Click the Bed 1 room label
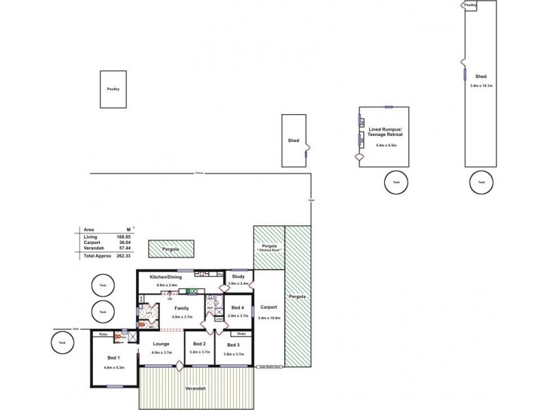coord(114,358)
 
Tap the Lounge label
coord(161,344)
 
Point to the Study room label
coord(238,275)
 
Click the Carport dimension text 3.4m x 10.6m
coord(269,318)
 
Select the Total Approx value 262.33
coord(124,256)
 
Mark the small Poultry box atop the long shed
coord(470,5)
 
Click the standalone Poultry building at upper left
coord(114,89)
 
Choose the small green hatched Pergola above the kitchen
coord(171,249)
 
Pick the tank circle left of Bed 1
coord(62,342)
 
